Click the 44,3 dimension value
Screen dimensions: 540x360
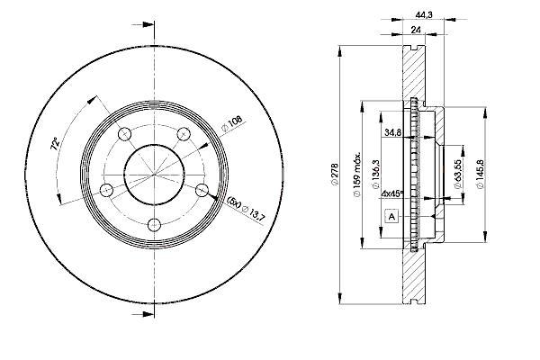click(424, 15)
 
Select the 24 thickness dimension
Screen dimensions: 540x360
click(416, 30)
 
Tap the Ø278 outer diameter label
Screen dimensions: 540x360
click(335, 175)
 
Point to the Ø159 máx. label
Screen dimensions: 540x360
click(356, 175)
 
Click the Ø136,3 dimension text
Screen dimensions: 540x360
click(375, 175)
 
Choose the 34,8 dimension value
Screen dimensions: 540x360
click(392, 132)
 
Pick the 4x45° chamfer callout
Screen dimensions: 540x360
click(392, 193)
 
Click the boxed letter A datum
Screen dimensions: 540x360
click(391, 216)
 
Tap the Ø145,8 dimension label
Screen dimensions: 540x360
click(481, 174)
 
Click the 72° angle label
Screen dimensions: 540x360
click(55, 144)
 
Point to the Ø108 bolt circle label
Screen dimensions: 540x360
click(232, 123)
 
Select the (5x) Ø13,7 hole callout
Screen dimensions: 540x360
click(247, 209)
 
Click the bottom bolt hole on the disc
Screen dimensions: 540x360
click(154, 225)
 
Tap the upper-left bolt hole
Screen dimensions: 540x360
click(125, 134)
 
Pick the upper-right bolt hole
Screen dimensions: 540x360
click(184, 134)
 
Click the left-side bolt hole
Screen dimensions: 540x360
click(106, 190)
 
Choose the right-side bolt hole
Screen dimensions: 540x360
click(202, 190)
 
